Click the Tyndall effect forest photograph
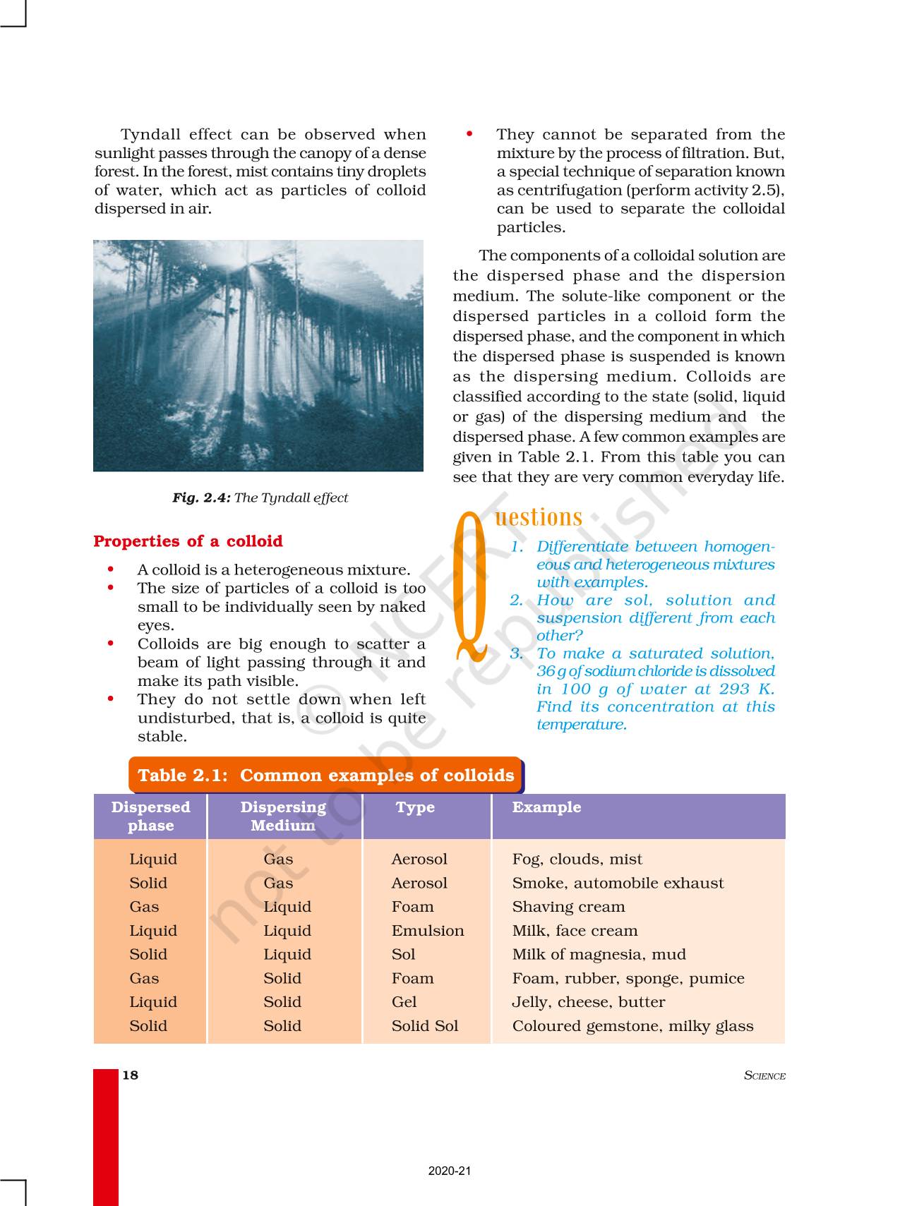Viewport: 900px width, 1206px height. [258, 356]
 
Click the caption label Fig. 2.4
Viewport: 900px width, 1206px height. [201, 498]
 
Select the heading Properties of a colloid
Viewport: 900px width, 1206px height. [188, 541]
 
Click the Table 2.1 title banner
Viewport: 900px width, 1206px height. [325, 775]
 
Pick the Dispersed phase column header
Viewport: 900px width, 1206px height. [150, 816]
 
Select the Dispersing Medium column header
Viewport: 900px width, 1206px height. [283, 816]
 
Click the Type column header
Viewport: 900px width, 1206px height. [415, 807]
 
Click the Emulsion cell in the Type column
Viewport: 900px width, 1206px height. [428, 931]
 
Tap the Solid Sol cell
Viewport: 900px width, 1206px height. [425, 1026]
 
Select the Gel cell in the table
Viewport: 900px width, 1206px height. [404, 1002]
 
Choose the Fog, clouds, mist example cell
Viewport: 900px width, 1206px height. [577, 860]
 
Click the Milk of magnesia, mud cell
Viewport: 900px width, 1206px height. [599, 955]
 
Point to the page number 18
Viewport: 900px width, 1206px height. [131, 1075]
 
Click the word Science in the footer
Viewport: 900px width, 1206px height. [764, 1075]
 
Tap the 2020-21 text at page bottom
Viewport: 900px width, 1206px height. [450, 1171]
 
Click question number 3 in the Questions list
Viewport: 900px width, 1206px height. [517, 653]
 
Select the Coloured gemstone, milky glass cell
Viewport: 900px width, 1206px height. [632, 1026]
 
